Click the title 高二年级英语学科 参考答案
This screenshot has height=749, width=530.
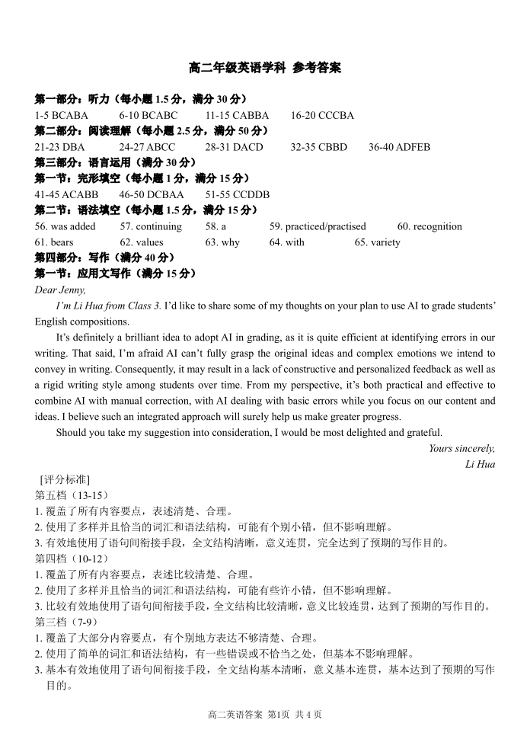click(x=264, y=69)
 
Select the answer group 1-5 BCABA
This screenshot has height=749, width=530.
click(x=62, y=115)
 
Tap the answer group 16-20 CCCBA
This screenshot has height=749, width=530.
click(x=322, y=115)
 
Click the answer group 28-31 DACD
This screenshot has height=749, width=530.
click(x=234, y=147)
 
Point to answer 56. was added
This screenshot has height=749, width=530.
click(x=65, y=226)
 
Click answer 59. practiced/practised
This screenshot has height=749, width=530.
click(x=318, y=226)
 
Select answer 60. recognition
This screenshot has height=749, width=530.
click(x=429, y=226)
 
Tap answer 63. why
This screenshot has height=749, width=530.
click(x=222, y=242)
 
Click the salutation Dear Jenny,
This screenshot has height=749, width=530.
click(x=60, y=290)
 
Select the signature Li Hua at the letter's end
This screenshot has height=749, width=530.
click(x=480, y=464)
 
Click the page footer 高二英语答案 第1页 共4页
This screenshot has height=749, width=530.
click(x=264, y=715)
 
